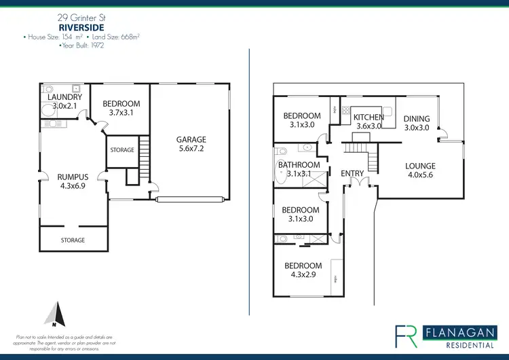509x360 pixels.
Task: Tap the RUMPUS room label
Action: tap(73, 177)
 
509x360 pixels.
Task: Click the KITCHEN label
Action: tap(369, 118)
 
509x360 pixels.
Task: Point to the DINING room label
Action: tap(417, 119)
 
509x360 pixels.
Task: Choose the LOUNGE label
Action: tap(420, 166)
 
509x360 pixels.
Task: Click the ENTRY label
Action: tap(352, 173)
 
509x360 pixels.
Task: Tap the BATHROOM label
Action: tap(299, 165)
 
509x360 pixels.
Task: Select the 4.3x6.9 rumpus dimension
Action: tap(73, 186)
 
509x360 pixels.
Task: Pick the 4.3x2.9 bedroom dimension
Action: tap(303, 274)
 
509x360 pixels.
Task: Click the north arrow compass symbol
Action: tap(54, 314)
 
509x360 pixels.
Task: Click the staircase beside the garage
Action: tap(143, 163)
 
